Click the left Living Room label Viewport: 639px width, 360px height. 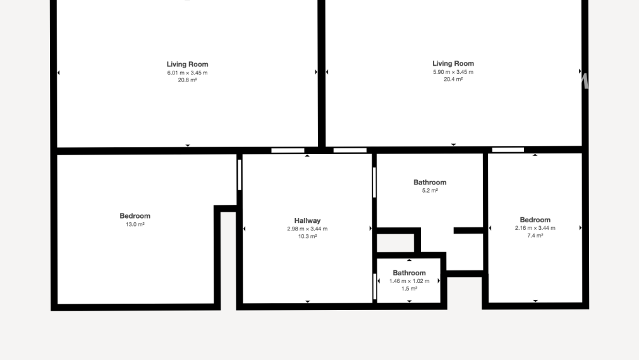[x=187, y=64]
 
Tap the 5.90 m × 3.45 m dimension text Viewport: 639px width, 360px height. [x=453, y=72]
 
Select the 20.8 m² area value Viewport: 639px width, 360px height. [x=187, y=80]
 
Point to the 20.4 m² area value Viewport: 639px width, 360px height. [x=453, y=80]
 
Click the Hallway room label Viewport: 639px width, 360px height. [x=307, y=221]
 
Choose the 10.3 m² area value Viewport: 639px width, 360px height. [x=307, y=236]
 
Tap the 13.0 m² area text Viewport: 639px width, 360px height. [x=135, y=224]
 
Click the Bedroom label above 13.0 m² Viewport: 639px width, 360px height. [x=135, y=216]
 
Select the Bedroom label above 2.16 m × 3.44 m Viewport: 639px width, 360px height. [x=535, y=220]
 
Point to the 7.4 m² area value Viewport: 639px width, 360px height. [x=535, y=236]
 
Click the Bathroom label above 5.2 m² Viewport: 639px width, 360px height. [x=430, y=183]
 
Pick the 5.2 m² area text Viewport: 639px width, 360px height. [x=430, y=190]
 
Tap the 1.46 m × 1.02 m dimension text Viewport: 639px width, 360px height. [x=409, y=281]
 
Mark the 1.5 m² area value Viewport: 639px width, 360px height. [x=409, y=289]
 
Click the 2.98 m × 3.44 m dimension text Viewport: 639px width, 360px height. [x=307, y=229]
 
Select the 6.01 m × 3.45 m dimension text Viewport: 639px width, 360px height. [x=187, y=73]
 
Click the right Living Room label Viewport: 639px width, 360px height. [x=453, y=64]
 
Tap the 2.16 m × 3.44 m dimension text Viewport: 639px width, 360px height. [x=535, y=228]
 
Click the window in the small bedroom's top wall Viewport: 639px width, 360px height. [x=508, y=150]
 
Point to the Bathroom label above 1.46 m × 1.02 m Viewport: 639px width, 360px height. [x=409, y=273]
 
